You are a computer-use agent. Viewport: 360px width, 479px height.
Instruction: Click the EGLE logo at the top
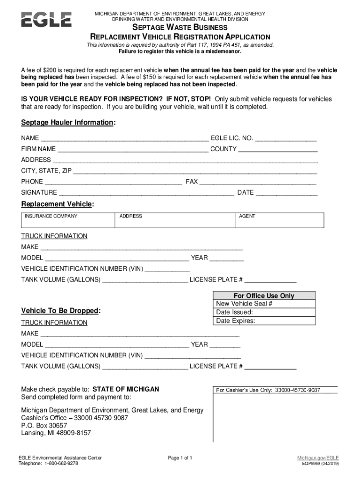click(46, 20)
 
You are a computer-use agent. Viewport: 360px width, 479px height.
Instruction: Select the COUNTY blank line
click(278, 150)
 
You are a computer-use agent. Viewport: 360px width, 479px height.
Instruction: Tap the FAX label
click(192, 181)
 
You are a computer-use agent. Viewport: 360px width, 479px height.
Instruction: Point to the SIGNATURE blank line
click(146, 193)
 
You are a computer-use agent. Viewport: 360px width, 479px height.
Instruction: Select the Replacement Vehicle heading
click(58, 204)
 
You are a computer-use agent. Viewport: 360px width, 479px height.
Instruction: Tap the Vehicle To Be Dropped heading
click(61, 311)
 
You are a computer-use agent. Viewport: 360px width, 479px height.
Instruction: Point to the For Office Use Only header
click(264, 296)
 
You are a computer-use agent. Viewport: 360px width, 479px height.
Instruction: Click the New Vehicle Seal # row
click(264, 304)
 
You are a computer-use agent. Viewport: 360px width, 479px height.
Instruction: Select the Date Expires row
click(264, 321)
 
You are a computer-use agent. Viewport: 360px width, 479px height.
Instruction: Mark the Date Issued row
click(264, 312)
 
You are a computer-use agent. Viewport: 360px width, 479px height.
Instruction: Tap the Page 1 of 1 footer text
click(180, 457)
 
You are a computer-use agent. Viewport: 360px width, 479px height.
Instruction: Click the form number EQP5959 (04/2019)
click(321, 464)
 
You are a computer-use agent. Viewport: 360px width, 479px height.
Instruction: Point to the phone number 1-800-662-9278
click(61, 464)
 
